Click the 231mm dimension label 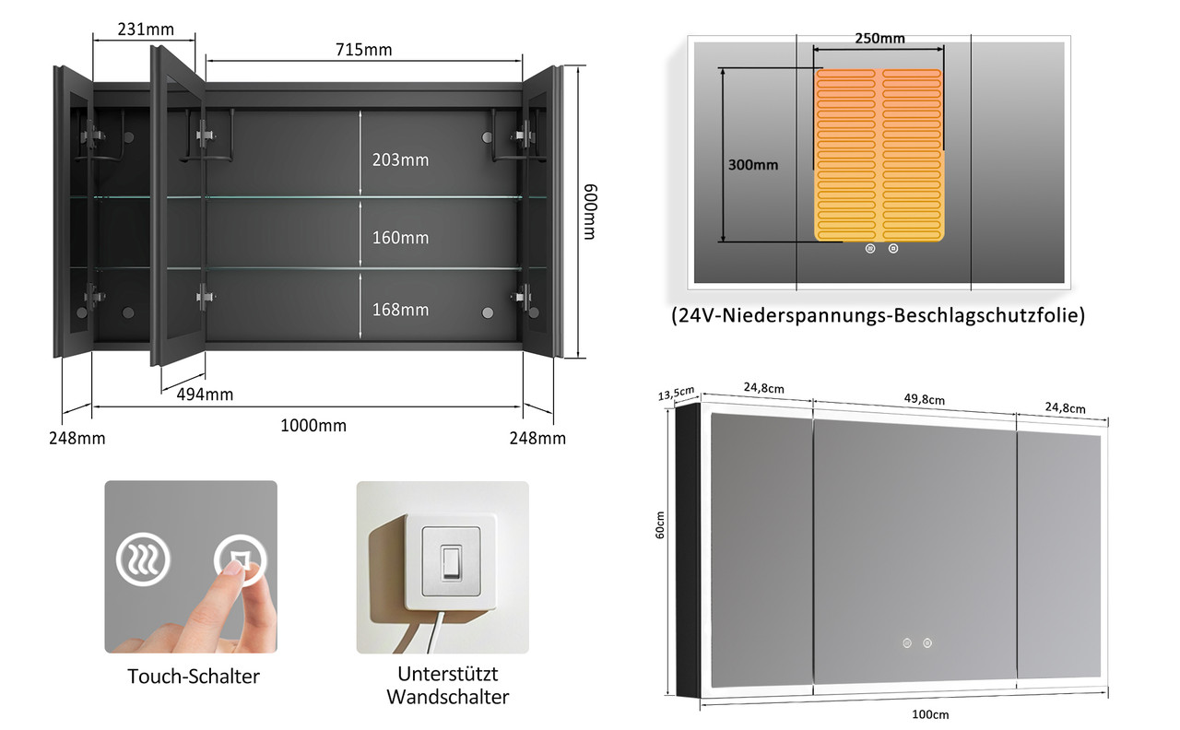(146, 29)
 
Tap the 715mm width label (363, 50)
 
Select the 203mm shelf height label (400, 159)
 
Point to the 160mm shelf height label (400, 238)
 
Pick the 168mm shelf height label (400, 309)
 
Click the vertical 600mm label (590, 212)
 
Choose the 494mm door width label (205, 394)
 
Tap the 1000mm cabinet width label (313, 425)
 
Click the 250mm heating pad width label (879, 38)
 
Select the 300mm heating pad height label (753, 165)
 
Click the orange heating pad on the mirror (879, 156)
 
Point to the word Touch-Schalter (194, 677)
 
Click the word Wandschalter (448, 697)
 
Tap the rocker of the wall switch (451, 562)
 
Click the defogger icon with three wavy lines (143, 559)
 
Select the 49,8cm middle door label (925, 399)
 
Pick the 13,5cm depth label (677, 393)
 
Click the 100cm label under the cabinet (930, 714)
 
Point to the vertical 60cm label (660, 524)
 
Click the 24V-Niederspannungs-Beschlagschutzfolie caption (879, 315)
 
